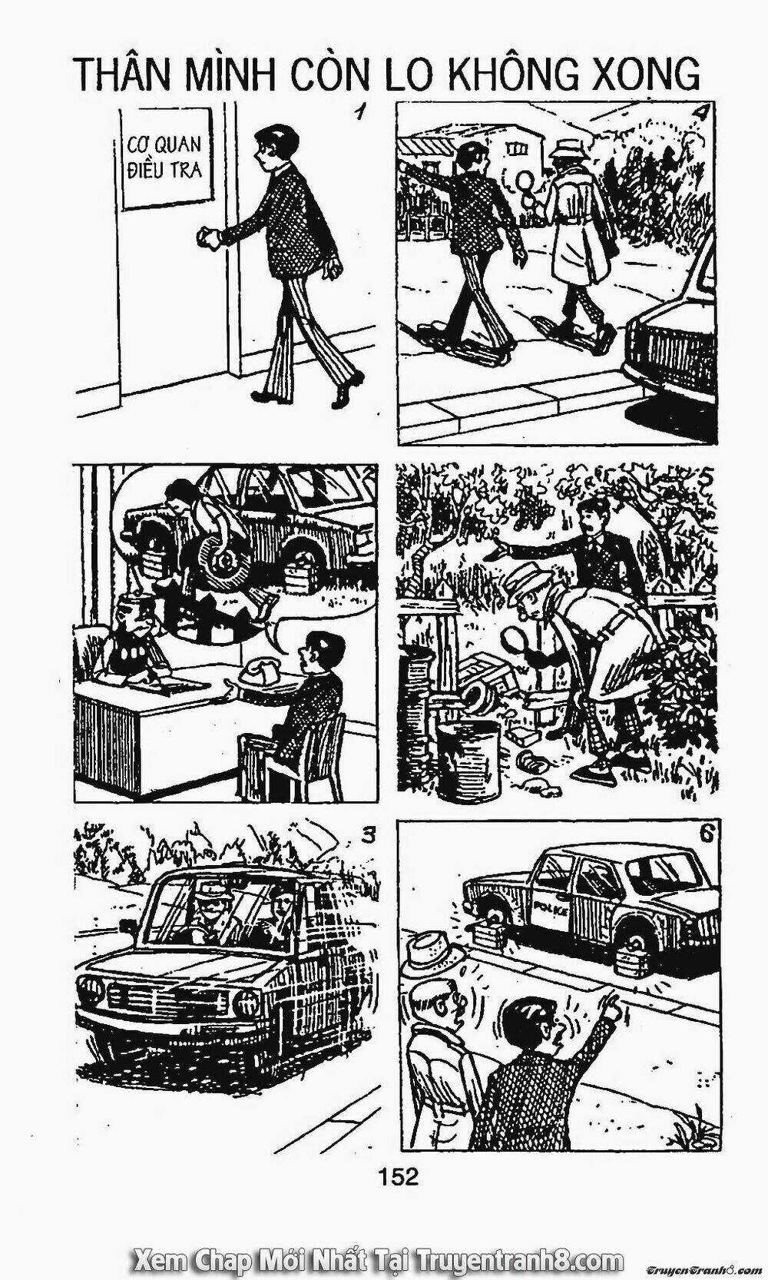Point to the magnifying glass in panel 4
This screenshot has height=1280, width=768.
coord(526,182)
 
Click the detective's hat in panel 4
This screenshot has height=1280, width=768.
coord(569,145)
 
